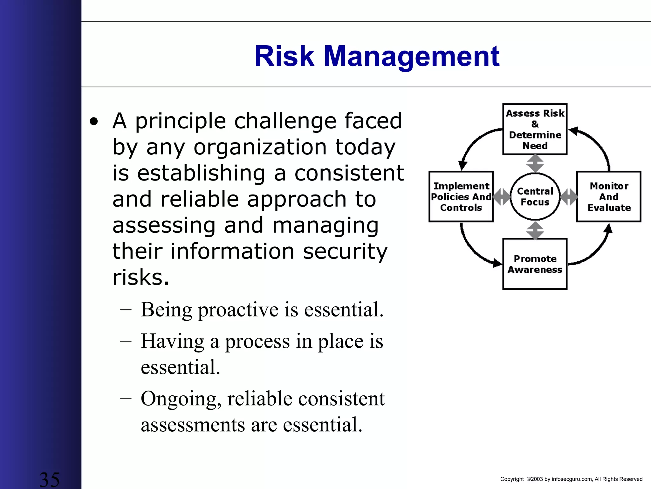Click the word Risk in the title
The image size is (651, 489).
pos(284,56)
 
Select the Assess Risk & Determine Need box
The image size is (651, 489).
pos(535,129)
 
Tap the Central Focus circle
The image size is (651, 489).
pos(535,196)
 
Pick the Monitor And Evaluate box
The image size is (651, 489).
pos(609,196)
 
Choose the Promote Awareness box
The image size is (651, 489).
pos(535,264)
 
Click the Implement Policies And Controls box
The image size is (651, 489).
pos(461,196)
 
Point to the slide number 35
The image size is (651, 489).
pos(49,479)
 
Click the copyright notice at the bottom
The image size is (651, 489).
pos(571,479)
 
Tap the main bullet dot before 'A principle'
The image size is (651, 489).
pos(94,122)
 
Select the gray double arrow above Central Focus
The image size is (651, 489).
pos(535,164)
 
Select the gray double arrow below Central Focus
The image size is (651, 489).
pos(535,230)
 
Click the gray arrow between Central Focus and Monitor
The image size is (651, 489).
pos(568,197)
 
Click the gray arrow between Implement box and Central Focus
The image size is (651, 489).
pos(502,197)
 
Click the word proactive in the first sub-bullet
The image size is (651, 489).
pos(238,309)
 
